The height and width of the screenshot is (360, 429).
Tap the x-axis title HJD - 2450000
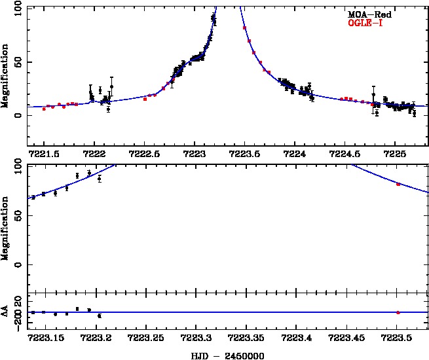(227, 355)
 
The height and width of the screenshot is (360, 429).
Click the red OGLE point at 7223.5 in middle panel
(398, 185)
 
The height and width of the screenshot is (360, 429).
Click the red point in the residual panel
(398, 312)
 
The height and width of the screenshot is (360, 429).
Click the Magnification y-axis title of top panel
(5, 77)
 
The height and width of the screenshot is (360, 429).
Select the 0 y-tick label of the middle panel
(19, 265)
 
